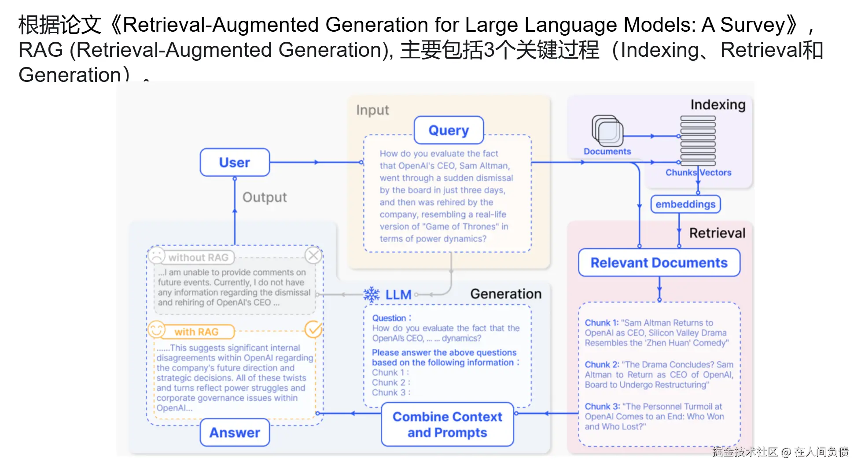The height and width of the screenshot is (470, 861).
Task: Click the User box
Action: click(x=235, y=163)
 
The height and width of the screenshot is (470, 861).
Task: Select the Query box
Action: click(x=449, y=130)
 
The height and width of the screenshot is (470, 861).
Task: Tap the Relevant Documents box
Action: click(x=659, y=263)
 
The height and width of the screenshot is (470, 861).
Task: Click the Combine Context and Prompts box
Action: click(x=447, y=425)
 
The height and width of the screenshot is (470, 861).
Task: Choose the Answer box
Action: click(x=235, y=433)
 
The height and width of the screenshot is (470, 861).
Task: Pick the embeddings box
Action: click(x=685, y=204)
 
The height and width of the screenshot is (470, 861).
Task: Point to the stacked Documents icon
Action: click(x=607, y=131)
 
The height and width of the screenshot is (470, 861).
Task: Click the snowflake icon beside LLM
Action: click(x=372, y=295)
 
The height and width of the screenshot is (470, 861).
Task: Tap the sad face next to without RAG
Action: click(x=156, y=255)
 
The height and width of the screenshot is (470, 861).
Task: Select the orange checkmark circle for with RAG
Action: click(x=313, y=329)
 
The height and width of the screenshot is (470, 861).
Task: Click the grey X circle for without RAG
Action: click(x=313, y=255)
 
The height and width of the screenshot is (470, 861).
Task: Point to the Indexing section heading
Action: click(x=717, y=105)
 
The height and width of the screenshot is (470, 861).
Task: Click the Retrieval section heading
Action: click(x=717, y=233)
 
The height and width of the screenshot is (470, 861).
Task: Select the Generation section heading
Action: click(x=506, y=294)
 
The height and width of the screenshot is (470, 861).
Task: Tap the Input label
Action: click(x=372, y=110)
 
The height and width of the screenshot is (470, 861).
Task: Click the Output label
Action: click(x=265, y=197)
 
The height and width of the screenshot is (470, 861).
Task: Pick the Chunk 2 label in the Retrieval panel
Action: click(x=601, y=365)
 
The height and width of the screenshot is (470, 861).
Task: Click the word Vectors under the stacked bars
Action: click(x=716, y=173)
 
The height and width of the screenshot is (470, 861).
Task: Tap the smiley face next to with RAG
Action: click(x=156, y=329)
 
